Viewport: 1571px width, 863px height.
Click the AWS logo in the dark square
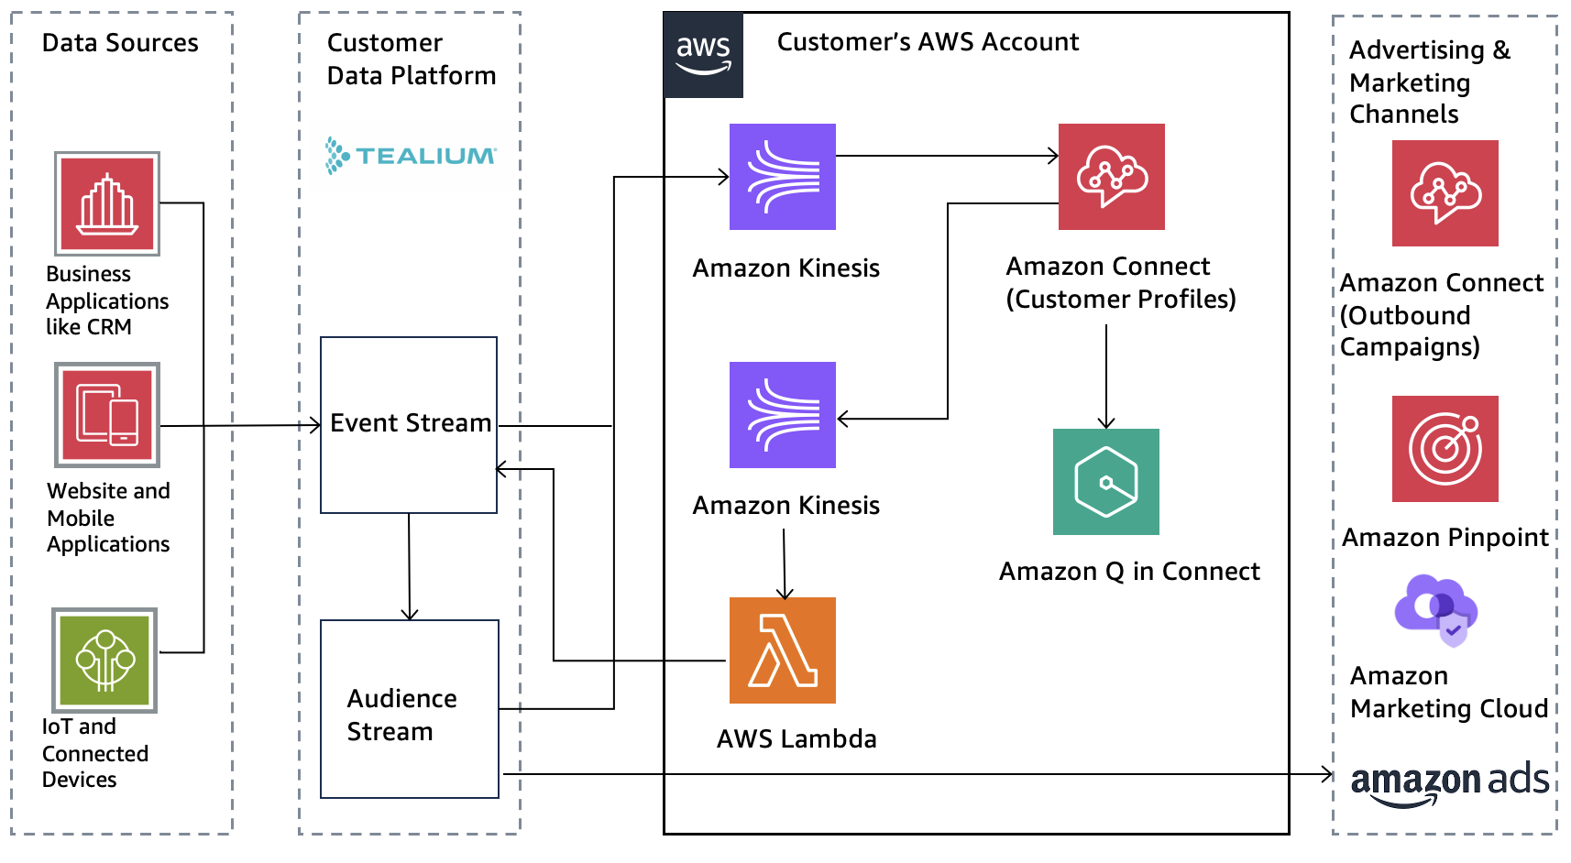tap(703, 55)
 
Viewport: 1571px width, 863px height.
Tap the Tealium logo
tap(411, 156)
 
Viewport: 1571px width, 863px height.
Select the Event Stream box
tap(409, 424)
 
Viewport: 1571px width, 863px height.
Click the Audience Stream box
tap(409, 708)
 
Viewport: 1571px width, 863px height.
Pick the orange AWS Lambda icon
tap(782, 650)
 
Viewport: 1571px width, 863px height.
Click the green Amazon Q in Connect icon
tap(1105, 482)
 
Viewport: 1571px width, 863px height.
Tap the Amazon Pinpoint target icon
tap(1445, 449)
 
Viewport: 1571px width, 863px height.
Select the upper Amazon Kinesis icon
tap(782, 177)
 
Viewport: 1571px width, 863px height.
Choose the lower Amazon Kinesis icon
tap(782, 415)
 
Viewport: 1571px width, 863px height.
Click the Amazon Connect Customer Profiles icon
tap(1111, 177)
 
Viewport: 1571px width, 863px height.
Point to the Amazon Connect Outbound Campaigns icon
tap(1445, 193)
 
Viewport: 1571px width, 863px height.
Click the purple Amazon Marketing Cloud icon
tap(1435, 609)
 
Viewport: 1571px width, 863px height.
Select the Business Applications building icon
tap(107, 203)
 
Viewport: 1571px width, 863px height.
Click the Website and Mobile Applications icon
tap(107, 415)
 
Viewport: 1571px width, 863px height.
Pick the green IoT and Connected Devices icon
tap(104, 660)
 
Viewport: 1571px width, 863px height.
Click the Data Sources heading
tap(120, 43)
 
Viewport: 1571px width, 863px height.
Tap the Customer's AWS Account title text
tap(928, 42)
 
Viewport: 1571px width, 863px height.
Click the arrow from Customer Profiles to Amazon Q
tap(1106, 376)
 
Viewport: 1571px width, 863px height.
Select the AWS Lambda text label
tap(796, 739)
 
